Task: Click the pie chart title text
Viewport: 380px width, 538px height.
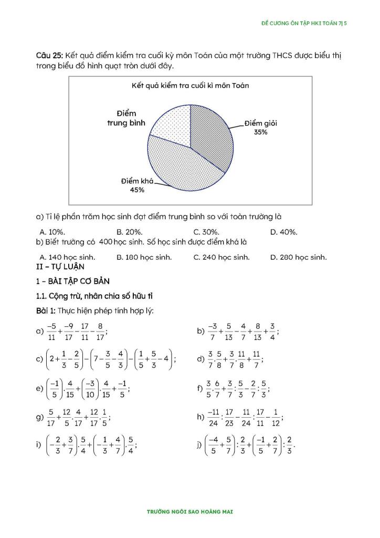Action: [x=190, y=85]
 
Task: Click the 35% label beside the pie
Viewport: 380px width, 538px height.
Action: [x=261, y=132]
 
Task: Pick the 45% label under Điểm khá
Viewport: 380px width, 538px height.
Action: [x=137, y=190]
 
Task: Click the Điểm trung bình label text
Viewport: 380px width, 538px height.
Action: [x=126, y=118]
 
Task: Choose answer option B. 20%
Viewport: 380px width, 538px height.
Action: [x=130, y=232]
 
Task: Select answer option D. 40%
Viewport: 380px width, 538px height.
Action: [x=283, y=232]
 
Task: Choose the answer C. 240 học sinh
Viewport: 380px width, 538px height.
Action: [x=221, y=257]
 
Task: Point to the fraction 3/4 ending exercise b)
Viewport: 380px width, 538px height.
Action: [x=272, y=331]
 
